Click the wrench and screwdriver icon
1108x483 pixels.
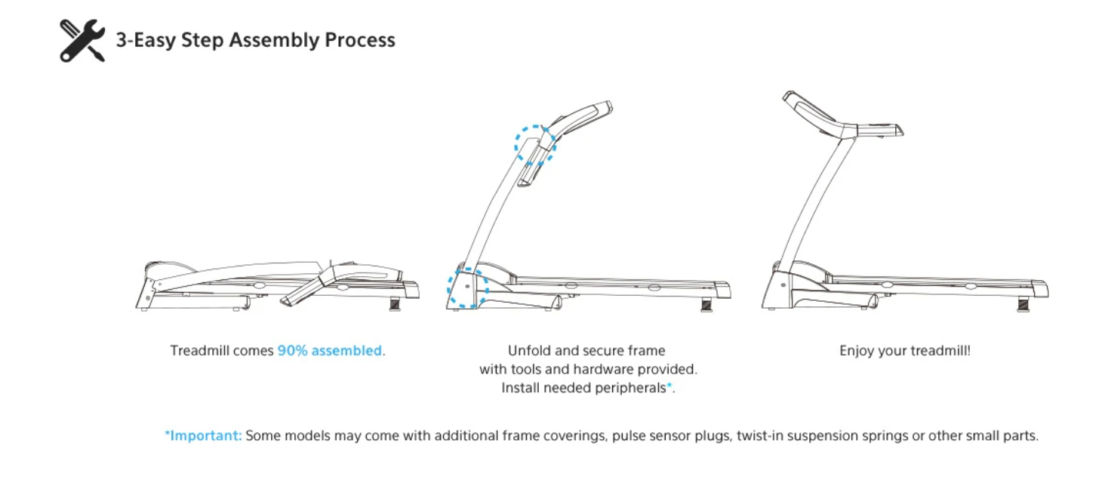coord(82,41)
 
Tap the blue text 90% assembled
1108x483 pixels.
coord(330,351)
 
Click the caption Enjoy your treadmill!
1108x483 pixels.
coord(904,351)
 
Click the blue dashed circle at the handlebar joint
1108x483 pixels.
coord(535,146)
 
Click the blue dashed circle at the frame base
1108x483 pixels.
coord(467,288)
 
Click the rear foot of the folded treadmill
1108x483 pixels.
coord(395,304)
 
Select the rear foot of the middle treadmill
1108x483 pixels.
coord(706,304)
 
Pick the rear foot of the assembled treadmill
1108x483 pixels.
coord(1023,305)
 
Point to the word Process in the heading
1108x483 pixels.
coord(360,40)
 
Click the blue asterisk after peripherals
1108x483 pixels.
coord(669,386)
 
